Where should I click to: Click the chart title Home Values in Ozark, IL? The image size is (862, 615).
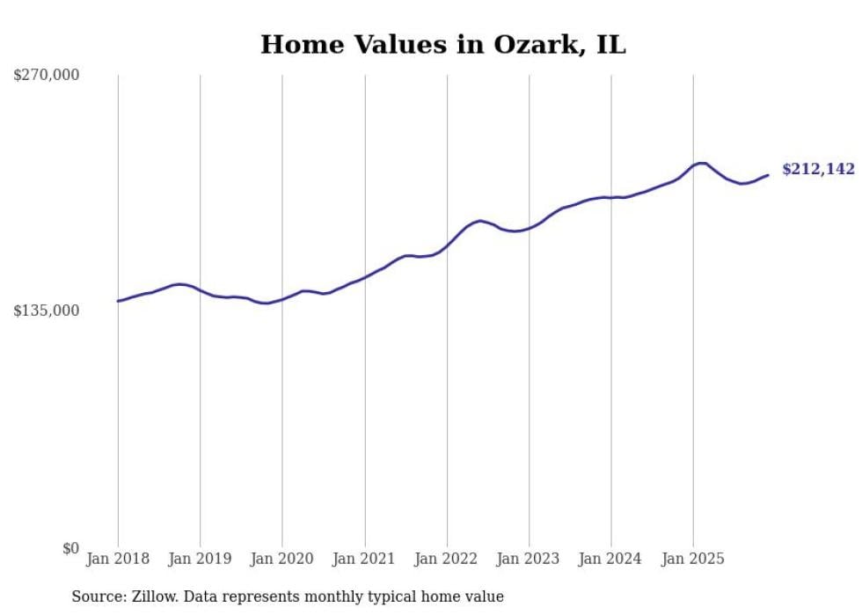442,45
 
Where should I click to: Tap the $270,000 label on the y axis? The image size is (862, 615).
46,76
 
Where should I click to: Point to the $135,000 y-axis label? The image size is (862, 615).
46,311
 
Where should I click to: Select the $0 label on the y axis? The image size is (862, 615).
70,548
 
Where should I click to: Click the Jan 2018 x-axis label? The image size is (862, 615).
118,560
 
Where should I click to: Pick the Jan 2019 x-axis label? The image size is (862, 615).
200,560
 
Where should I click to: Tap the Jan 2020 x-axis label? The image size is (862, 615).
282,560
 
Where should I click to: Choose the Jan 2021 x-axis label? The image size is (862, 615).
364,560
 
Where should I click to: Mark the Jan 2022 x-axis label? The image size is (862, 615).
447,560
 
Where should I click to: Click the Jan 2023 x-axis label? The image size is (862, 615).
529,560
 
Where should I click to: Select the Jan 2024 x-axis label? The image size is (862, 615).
611,560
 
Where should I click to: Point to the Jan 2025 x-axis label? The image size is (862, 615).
693,560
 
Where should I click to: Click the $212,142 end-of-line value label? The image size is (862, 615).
818,170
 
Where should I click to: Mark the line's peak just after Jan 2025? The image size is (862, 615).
702,163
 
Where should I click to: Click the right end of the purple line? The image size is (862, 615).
768,175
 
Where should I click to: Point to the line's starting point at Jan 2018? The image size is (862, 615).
118,301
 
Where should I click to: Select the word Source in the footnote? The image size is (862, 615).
97,597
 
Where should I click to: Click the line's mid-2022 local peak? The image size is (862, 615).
479,221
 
